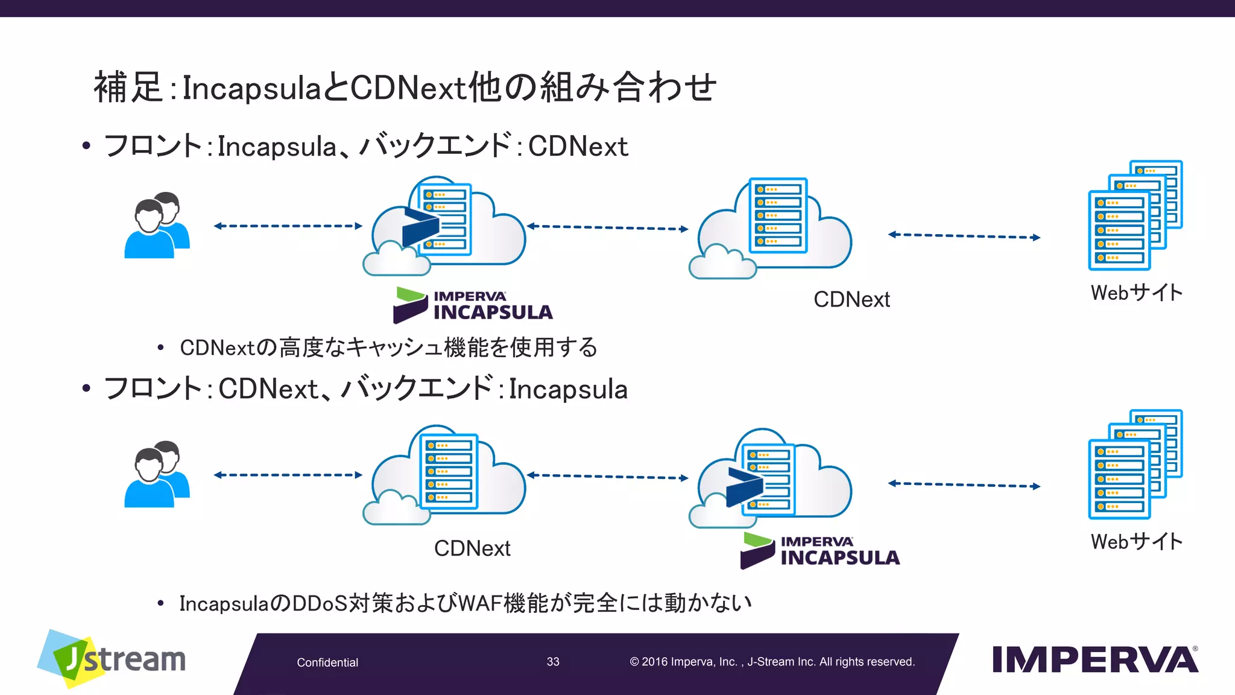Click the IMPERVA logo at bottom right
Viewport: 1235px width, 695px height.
click(1094, 659)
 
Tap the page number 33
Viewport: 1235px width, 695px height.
click(553, 662)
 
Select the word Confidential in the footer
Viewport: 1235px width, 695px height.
click(327, 662)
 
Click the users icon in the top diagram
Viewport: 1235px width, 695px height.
click(157, 226)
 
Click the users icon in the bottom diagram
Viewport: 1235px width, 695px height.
click(157, 474)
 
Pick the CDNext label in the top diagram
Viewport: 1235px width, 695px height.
click(851, 299)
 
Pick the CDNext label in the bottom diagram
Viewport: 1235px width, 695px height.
click(472, 548)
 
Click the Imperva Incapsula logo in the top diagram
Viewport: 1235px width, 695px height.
click(473, 305)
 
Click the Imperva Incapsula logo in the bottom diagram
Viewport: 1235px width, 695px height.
click(820, 551)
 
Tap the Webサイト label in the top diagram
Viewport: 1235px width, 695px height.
click(1137, 293)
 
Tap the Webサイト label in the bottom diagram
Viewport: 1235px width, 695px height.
click(1137, 542)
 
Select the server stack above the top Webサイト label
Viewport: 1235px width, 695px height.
click(1135, 215)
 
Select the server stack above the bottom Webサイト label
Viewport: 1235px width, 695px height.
click(1135, 465)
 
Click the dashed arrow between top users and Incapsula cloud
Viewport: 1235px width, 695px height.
click(288, 226)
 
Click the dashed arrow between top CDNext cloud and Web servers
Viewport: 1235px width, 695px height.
click(964, 236)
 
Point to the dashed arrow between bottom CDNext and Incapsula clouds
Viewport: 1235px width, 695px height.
click(607, 477)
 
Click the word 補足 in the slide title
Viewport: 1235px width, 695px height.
click(128, 87)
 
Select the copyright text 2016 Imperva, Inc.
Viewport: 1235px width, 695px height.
click(690, 662)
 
